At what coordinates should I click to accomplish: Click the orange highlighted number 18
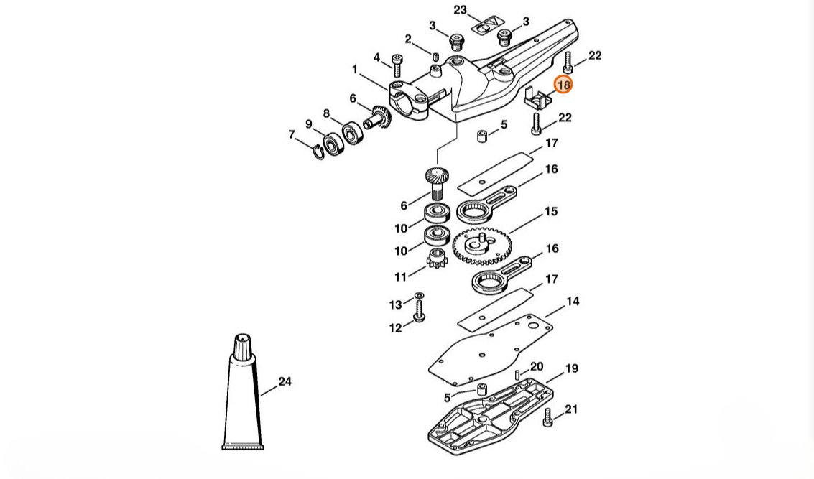[x=563, y=84]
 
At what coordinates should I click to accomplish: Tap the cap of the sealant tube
[x=243, y=346]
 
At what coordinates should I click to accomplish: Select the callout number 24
[x=285, y=382]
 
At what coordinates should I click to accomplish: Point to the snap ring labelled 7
[x=318, y=152]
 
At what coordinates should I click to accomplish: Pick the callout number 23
[x=460, y=10]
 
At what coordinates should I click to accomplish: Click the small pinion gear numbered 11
[x=435, y=257]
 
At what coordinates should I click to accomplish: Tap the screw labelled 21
[x=547, y=417]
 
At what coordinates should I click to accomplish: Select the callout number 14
[x=573, y=301]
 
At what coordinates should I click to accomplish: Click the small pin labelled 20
[x=517, y=375]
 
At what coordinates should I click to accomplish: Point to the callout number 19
[x=571, y=368]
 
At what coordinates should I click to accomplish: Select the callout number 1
[x=355, y=69]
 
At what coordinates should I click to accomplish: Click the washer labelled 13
[x=419, y=296]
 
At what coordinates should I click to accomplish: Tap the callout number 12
[x=395, y=328]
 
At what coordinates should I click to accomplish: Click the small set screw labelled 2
[x=435, y=55]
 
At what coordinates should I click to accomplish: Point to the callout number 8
[x=326, y=113]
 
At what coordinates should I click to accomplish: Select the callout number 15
[x=551, y=211]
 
